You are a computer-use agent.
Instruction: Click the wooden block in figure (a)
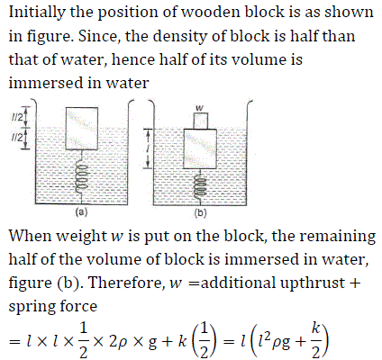tap(82, 129)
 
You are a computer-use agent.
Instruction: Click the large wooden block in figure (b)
tap(200, 148)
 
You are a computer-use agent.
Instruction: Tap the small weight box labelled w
tap(201, 121)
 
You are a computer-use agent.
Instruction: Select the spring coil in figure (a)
tap(82, 177)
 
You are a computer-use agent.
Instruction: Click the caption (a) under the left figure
tap(81, 212)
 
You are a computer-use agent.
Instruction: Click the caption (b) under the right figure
tap(200, 213)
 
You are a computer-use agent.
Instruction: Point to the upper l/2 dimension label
tap(16, 118)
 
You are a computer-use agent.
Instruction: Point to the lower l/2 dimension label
tap(16, 138)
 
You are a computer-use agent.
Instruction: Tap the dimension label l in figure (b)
tap(148, 148)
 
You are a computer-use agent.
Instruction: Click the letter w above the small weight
tap(199, 107)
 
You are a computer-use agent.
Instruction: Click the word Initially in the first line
tap(37, 13)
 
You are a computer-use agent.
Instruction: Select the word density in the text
tap(180, 37)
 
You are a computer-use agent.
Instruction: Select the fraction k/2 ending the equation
tap(315, 341)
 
